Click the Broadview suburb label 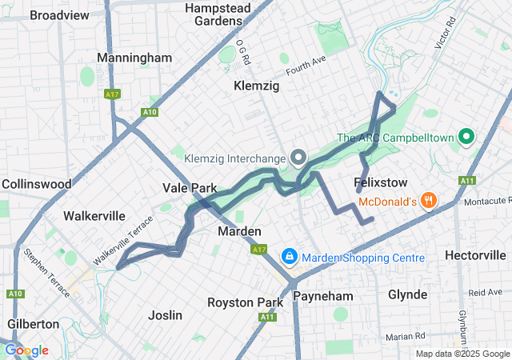[59, 15]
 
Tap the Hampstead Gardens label [218, 14]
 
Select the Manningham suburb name [134, 58]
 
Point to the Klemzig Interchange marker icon [299, 157]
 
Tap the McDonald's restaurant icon [430, 200]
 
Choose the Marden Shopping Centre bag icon [289, 257]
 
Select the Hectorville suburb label [475, 255]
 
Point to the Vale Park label [190, 188]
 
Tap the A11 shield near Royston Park [266, 318]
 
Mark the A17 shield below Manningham [111, 94]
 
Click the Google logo [26, 350]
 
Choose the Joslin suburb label [166, 315]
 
